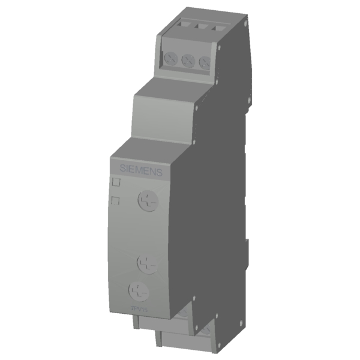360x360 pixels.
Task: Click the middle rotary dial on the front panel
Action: click(x=146, y=262)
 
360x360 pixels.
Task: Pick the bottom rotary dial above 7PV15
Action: click(x=139, y=292)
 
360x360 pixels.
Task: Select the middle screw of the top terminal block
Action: click(x=187, y=61)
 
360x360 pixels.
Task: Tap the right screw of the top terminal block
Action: click(x=204, y=62)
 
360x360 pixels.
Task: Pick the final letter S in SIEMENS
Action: click(x=160, y=173)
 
